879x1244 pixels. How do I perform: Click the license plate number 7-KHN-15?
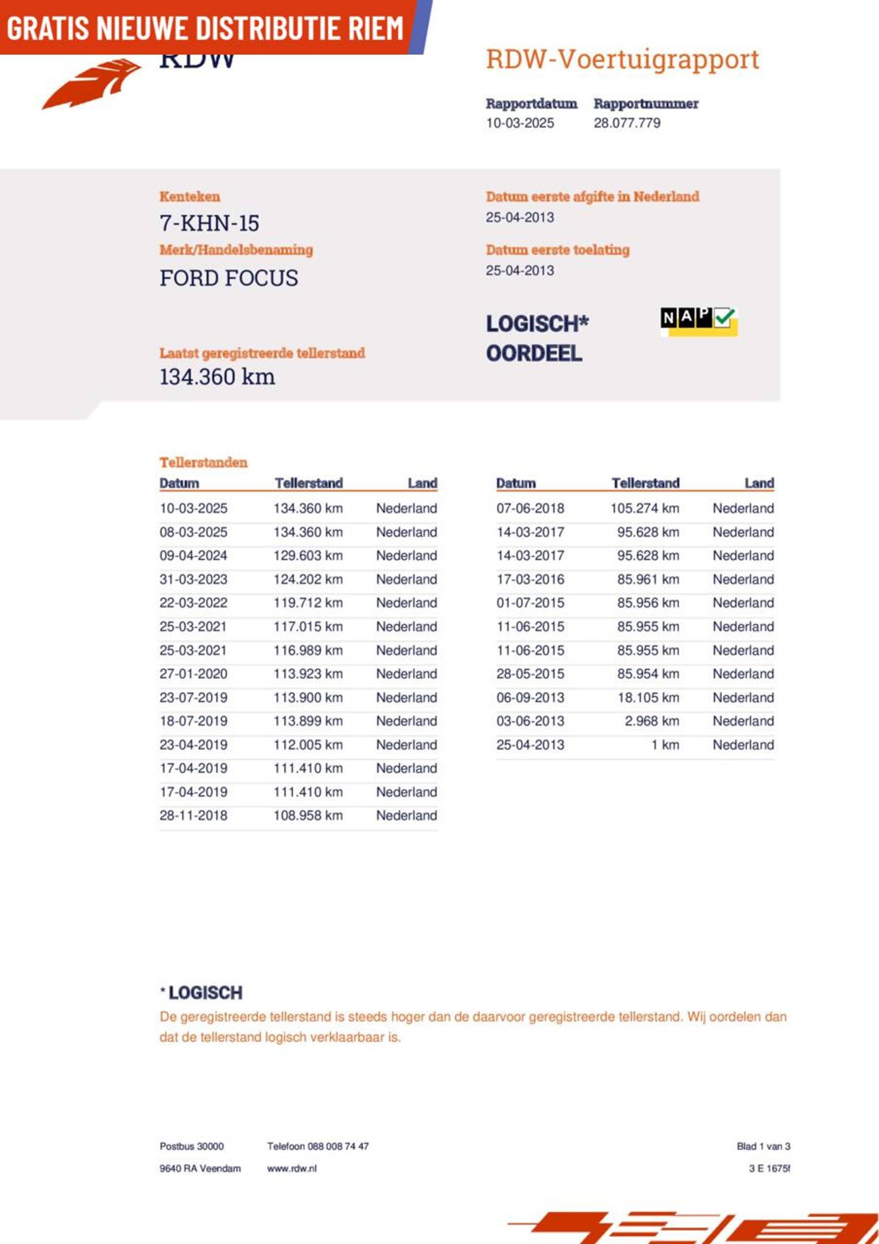209,223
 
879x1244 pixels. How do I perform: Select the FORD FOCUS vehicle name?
228,278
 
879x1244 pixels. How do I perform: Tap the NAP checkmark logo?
699,321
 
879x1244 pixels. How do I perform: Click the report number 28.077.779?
627,123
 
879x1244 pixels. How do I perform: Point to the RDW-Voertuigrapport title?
622,59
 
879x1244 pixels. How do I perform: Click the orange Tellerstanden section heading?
203,462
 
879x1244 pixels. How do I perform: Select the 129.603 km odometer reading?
308,555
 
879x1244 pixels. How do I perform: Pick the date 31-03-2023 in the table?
193,579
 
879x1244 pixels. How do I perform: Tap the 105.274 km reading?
645,508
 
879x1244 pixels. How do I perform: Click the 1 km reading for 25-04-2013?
665,744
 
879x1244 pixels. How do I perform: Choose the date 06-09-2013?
530,697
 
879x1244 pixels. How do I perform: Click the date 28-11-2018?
193,815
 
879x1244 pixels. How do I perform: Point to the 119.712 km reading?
308,603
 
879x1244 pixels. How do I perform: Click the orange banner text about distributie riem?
205,28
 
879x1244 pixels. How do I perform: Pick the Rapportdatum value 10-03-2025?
520,123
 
